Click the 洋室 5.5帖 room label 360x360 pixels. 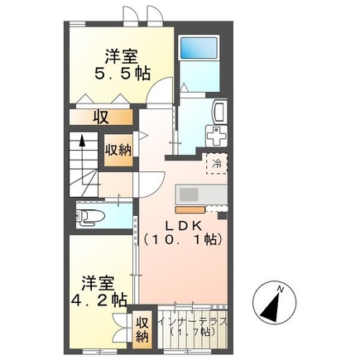tap(122, 65)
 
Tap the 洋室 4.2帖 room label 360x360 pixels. tap(99, 292)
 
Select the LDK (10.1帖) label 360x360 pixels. tap(183, 233)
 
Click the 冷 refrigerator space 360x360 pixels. tap(217, 164)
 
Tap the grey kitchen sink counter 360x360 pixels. tap(201, 194)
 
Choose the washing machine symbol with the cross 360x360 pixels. tap(217, 136)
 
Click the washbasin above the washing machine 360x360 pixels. tap(220, 112)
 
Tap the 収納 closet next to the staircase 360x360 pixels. tap(118, 151)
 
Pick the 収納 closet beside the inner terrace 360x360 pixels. tap(142, 329)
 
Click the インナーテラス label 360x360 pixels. tap(192, 322)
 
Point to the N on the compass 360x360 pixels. tap(281, 290)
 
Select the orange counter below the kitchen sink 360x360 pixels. tap(190, 209)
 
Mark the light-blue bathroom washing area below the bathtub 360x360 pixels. tap(199, 75)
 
